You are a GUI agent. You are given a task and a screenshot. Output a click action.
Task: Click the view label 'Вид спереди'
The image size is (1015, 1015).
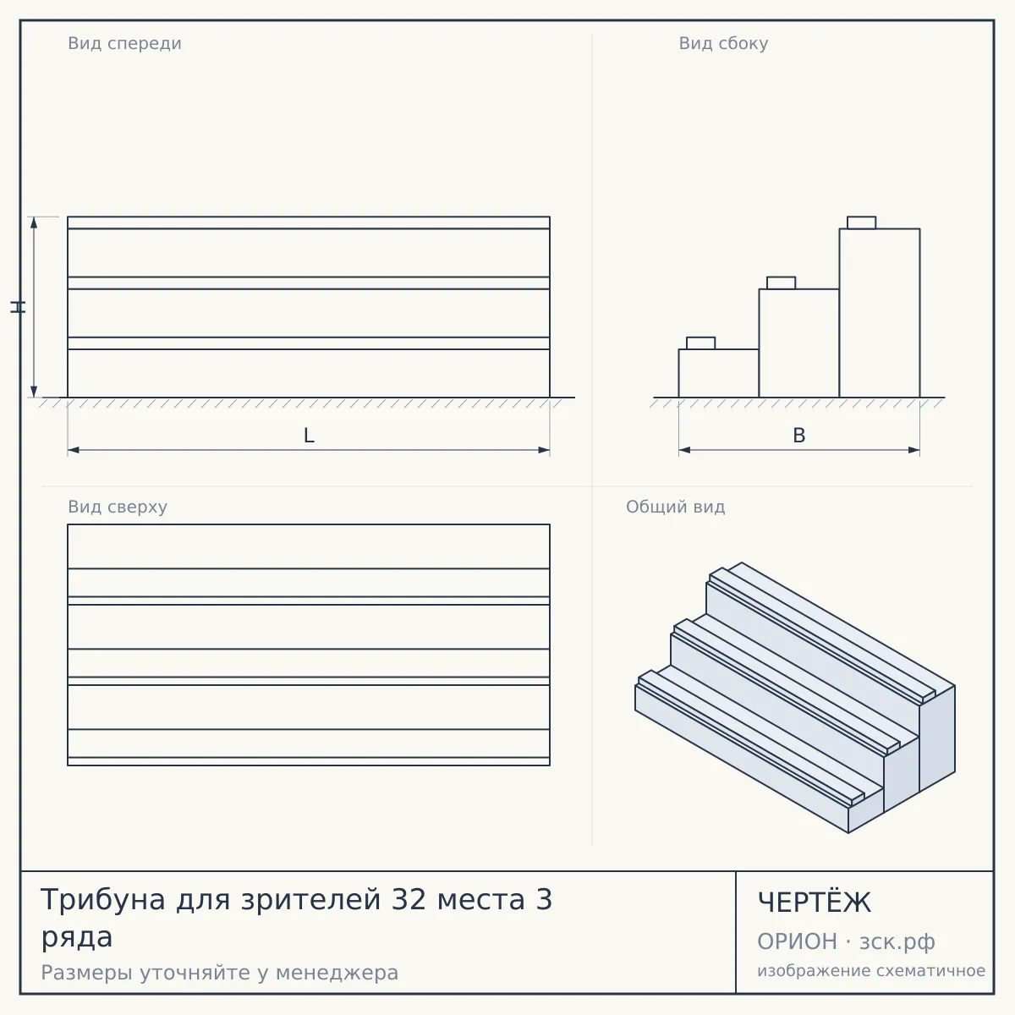(124, 43)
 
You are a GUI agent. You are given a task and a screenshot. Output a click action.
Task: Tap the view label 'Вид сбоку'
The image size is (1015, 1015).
(723, 43)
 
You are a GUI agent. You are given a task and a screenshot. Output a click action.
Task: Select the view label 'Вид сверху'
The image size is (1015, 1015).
(118, 507)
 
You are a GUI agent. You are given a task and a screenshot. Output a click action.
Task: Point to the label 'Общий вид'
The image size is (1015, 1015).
(675, 507)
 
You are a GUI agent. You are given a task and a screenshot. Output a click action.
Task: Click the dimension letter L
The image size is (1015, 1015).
(309, 436)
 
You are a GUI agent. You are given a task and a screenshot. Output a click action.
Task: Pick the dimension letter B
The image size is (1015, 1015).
(799, 436)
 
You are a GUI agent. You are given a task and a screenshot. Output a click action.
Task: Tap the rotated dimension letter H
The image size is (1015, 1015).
(18, 307)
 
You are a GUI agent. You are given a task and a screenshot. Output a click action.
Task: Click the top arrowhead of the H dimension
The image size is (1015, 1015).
(34, 222)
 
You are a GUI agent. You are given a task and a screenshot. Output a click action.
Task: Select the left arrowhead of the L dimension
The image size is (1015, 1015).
(74, 450)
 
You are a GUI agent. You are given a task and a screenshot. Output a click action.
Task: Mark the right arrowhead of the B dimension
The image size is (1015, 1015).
(913, 450)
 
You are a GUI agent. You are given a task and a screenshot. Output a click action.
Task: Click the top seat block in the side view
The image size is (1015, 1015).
(862, 222)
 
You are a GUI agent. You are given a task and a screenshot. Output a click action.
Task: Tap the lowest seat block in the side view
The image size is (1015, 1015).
(700, 343)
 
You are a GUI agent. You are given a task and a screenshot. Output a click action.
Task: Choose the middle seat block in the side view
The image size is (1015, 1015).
(782, 283)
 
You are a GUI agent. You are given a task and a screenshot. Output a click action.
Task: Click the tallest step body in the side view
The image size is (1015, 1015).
(880, 313)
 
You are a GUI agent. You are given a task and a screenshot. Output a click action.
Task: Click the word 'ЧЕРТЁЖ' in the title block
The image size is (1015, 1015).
(815, 902)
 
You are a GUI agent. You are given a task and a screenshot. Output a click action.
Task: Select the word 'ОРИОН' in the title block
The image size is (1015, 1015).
(797, 941)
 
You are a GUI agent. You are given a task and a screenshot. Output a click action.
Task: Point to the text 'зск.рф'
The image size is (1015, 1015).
(897, 942)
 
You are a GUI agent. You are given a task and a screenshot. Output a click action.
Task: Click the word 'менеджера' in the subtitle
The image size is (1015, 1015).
(337, 973)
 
